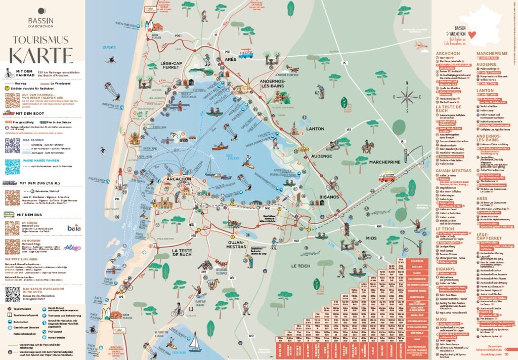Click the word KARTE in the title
42,54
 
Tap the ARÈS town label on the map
230,60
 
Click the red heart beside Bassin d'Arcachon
472,34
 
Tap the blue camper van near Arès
246,53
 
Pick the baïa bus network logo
74,228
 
